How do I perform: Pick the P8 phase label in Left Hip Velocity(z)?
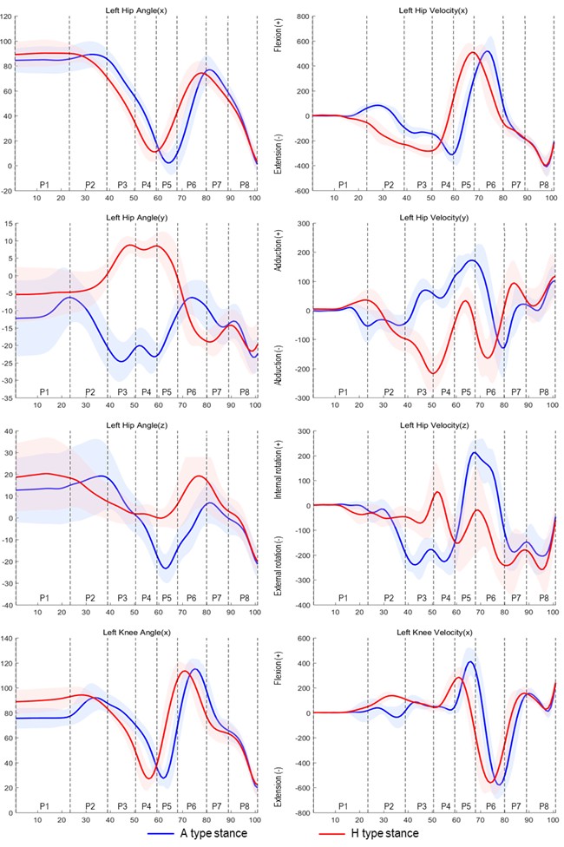point(544,599)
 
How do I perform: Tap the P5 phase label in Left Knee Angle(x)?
point(167,805)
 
